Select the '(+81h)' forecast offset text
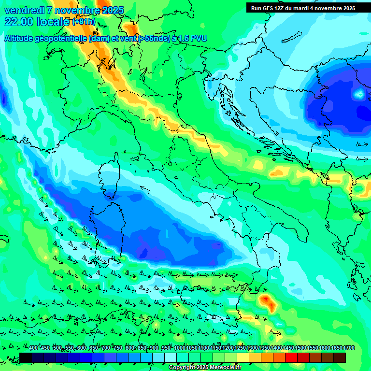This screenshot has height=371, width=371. [x=84, y=22]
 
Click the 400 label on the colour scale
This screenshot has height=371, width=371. [x=34, y=348]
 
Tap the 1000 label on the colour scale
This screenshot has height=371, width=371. [x=180, y=348]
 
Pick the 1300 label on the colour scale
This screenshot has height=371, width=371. [x=252, y=348]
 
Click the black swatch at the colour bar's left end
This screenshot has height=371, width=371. [x=26, y=357]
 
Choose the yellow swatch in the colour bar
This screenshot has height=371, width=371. [x=243, y=357]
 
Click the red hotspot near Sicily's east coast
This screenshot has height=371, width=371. [x=267, y=301]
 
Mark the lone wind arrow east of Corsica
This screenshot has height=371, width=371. [x=144, y=190]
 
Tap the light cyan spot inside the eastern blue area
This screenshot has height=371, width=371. [x=359, y=94]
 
